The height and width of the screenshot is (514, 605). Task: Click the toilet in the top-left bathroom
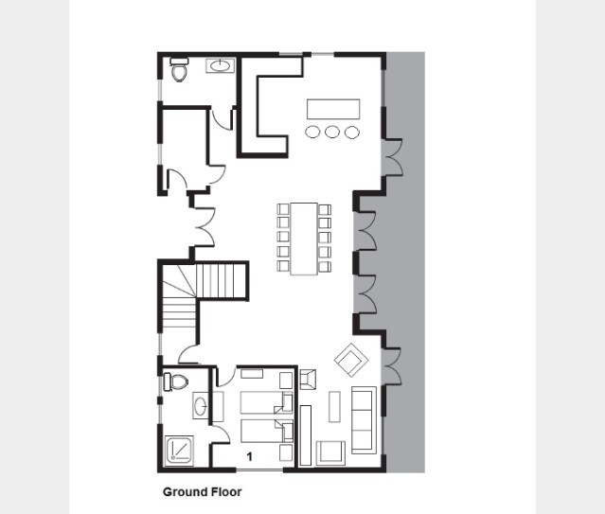(x=179, y=69)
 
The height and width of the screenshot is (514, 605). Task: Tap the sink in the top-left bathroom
(x=220, y=65)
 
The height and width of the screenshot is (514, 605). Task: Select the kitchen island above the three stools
(x=333, y=109)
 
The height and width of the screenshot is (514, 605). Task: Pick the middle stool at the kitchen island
(x=332, y=132)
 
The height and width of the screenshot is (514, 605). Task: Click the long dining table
(x=304, y=239)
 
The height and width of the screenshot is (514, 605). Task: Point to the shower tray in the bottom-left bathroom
(x=179, y=450)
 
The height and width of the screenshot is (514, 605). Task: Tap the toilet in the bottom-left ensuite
(x=176, y=381)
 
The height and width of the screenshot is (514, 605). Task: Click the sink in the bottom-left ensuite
(x=201, y=405)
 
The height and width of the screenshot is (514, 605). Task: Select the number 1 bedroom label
(x=250, y=457)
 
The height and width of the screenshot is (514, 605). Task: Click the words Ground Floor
(x=203, y=492)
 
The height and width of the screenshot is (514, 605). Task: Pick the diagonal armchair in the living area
(x=351, y=360)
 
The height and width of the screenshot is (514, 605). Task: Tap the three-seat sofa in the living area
(x=364, y=420)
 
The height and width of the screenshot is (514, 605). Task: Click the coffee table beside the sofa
(x=334, y=407)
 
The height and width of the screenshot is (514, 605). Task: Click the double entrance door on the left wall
(x=204, y=227)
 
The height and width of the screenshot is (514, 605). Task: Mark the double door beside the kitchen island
(x=392, y=157)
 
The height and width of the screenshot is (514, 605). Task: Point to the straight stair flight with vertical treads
(x=222, y=280)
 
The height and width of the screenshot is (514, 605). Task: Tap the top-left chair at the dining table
(x=283, y=209)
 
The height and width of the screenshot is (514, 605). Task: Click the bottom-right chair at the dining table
(x=325, y=266)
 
